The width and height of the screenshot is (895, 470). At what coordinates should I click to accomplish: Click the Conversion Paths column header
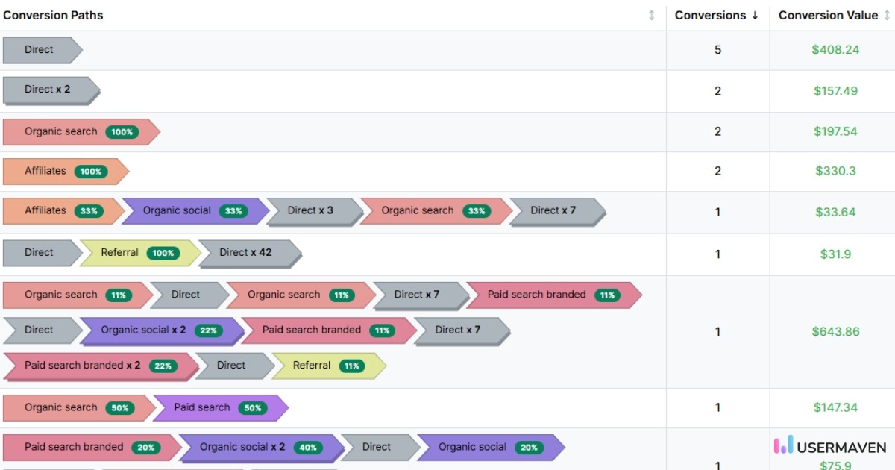click(54, 15)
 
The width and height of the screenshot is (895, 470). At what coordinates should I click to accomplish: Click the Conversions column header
click(710, 15)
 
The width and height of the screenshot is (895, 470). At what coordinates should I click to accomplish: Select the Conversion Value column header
click(828, 15)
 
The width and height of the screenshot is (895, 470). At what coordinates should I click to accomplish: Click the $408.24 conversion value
click(835, 50)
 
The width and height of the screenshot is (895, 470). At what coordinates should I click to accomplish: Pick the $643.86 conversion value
click(835, 331)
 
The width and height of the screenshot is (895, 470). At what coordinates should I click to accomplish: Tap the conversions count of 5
click(717, 50)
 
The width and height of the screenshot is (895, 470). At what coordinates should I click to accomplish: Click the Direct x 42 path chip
click(248, 253)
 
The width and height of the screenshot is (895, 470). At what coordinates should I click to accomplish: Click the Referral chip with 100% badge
click(139, 253)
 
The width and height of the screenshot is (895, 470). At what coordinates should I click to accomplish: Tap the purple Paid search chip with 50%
click(219, 407)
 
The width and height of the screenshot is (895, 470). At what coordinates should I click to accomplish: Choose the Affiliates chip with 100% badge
click(65, 171)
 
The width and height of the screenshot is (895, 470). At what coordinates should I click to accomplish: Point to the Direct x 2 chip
click(49, 90)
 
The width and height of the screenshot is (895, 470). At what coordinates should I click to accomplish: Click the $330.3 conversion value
click(835, 171)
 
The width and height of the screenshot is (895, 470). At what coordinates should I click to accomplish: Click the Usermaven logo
click(829, 446)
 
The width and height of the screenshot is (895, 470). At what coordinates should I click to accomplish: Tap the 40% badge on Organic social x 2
click(308, 448)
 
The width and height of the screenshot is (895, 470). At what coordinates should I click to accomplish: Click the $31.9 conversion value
click(835, 254)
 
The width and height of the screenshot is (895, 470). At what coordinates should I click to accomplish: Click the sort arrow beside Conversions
click(755, 16)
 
